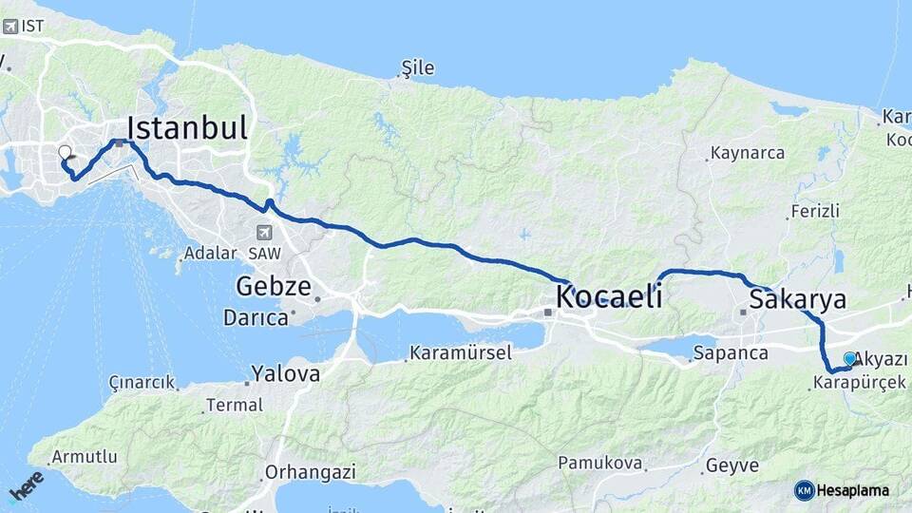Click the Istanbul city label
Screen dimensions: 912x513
click(x=187, y=128)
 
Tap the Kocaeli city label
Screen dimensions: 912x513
click(x=609, y=296)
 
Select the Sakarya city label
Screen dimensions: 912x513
click(x=797, y=300)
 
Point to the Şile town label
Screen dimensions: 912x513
click(x=418, y=67)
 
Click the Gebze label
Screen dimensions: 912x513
click(x=274, y=286)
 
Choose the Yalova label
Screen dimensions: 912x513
click(x=285, y=373)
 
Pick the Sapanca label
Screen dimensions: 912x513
click(x=731, y=353)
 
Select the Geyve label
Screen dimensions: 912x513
click(x=731, y=465)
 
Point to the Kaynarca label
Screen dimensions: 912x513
click(x=748, y=153)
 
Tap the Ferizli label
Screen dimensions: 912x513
click(x=814, y=211)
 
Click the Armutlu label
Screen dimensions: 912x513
click(x=85, y=457)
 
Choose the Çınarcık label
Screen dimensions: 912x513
click(x=142, y=383)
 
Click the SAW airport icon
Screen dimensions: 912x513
click(x=263, y=232)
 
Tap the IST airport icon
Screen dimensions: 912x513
click(x=10, y=27)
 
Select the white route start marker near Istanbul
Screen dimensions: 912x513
click(x=65, y=152)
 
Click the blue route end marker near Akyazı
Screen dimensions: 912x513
click(x=850, y=358)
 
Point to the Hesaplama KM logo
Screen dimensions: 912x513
click(x=842, y=490)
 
